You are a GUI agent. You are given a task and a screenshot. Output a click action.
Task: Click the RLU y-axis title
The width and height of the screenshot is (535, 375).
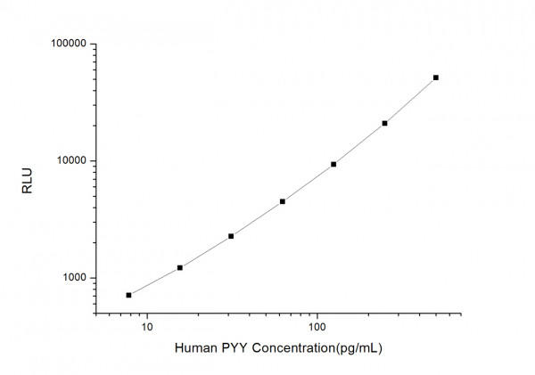pyautogui.click(x=26, y=178)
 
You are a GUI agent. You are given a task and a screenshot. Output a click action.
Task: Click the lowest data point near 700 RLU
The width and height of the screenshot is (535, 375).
pyautogui.click(x=128, y=295)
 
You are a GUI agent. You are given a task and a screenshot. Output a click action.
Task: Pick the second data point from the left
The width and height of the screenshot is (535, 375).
pyautogui.click(x=180, y=267)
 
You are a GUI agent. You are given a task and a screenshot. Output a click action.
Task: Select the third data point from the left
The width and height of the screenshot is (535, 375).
pyautogui.click(x=231, y=236)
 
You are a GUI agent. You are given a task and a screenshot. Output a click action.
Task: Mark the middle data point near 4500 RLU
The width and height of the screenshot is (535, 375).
pyautogui.click(x=283, y=201)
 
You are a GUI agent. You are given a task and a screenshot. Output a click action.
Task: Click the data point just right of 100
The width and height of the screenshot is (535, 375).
pyautogui.click(x=333, y=164)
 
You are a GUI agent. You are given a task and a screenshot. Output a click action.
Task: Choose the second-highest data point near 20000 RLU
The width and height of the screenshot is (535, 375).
pyautogui.click(x=384, y=123)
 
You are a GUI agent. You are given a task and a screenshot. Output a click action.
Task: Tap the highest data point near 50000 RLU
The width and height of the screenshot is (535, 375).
pyautogui.click(x=436, y=77)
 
